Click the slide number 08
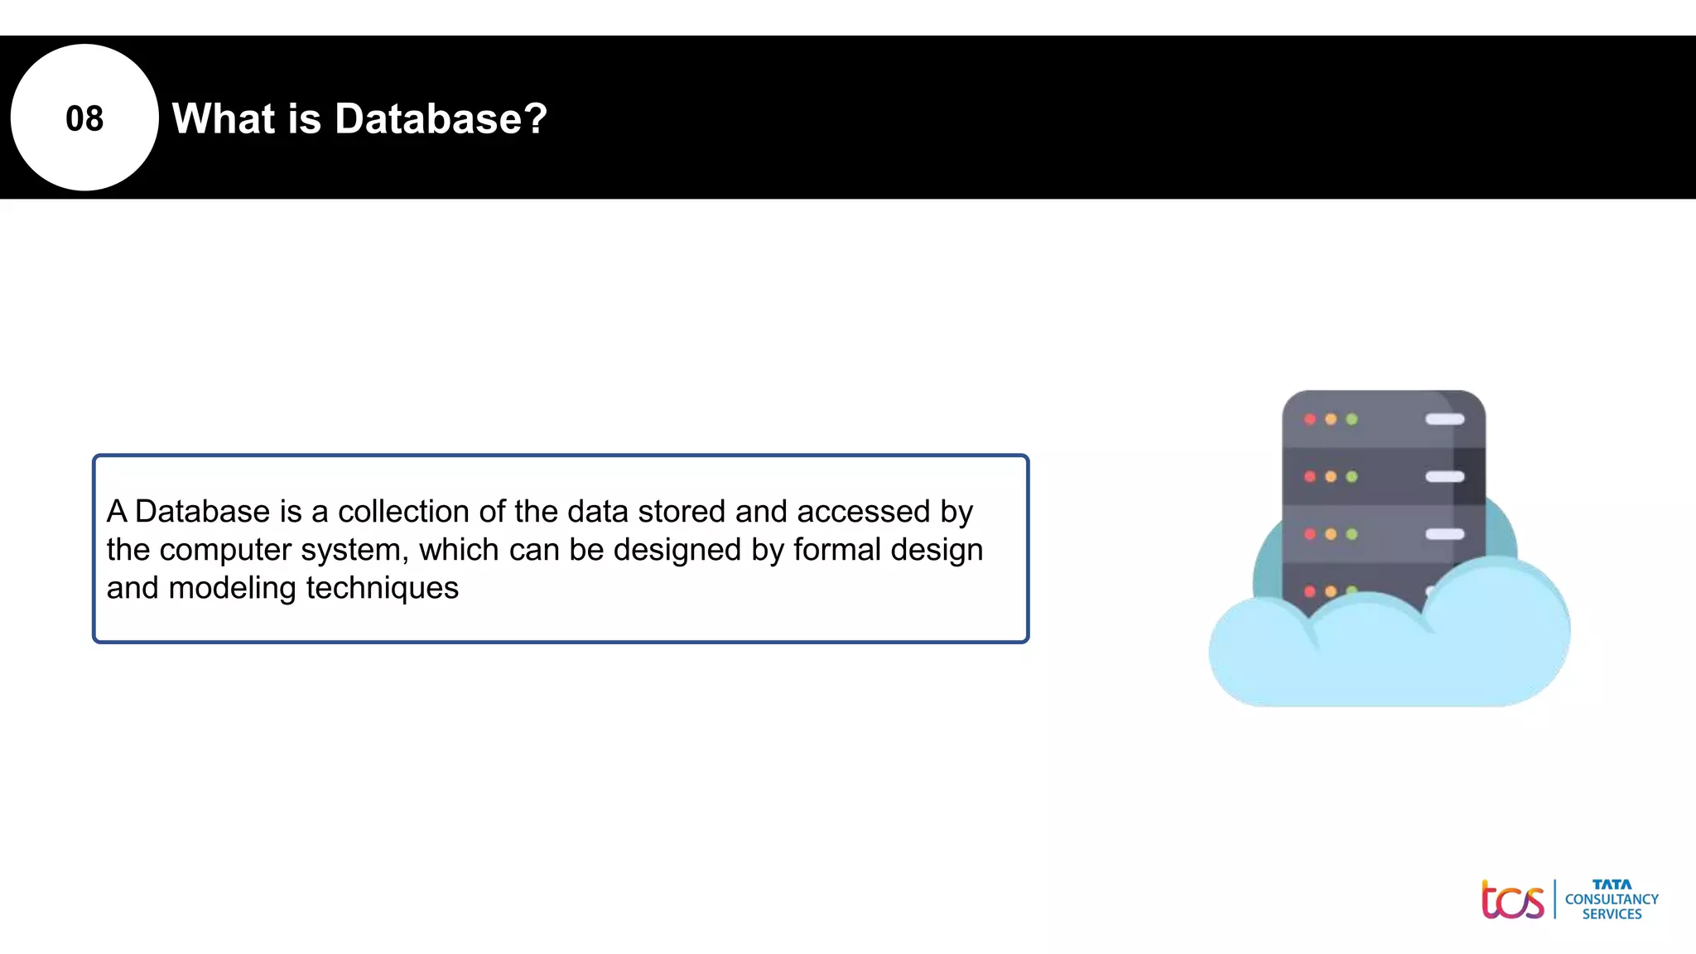pos(84,118)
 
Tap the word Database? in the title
pos(441,118)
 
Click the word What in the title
pos(223,118)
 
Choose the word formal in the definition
pos(836,549)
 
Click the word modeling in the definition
pos(233,588)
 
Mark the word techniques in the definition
pos(383,588)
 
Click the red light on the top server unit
pos(1309,419)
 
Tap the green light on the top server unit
pos(1351,419)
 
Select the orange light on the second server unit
pos(1331,476)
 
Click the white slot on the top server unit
pos(1444,419)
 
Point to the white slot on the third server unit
pos(1444,534)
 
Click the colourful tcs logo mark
pos(1512,900)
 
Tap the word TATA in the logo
pos(1612,884)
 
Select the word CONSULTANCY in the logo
pos(1612,899)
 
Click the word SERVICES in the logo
pos(1612,914)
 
